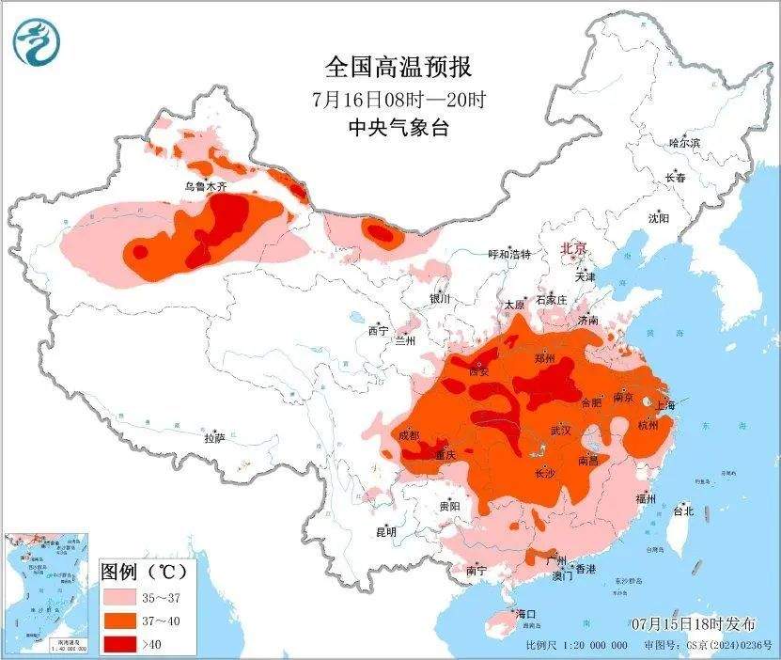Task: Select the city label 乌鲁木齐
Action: click(205, 187)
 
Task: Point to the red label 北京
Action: click(573, 248)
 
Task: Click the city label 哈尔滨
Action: click(684, 143)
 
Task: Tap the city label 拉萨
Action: click(215, 438)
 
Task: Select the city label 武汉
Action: click(561, 430)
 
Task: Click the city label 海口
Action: click(524, 614)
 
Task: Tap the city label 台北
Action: click(683, 511)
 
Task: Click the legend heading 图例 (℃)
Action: click(143, 571)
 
